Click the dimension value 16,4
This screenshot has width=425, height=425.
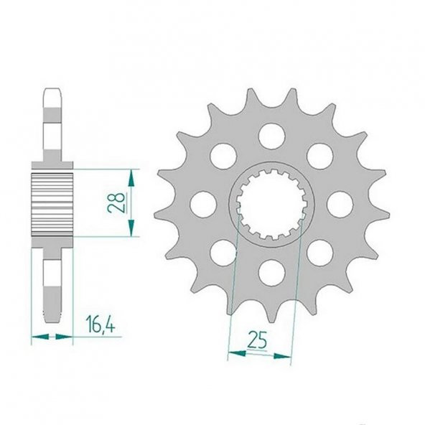(101, 324)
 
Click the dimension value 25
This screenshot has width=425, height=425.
(257, 339)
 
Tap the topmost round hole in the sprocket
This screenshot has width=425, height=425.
(272, 136)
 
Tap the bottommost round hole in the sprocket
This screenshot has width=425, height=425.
(272, 273)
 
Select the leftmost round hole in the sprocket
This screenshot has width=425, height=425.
(203, 205)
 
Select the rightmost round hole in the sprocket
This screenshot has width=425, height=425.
(340, 205)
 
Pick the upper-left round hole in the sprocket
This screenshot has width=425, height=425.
(223, 157)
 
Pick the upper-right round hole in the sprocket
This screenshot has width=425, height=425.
(320, 157)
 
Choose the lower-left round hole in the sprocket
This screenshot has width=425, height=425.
(223, 253)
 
